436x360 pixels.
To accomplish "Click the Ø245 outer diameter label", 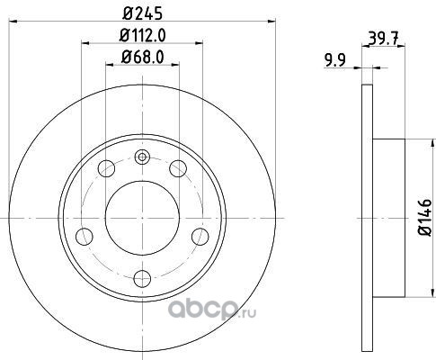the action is tap(142, 13).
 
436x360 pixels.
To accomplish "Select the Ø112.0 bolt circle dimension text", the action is tap(142, 35).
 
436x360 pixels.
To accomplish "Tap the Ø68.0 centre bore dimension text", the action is tap(142, 57).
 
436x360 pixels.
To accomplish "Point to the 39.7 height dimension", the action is tap(384, 39).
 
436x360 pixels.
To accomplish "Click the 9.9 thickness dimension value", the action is tap(335, 60).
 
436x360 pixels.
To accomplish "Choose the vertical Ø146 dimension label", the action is tap(425, 217).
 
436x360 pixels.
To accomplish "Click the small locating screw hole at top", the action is tap(142, 157).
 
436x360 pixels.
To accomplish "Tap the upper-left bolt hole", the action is tap(106, 168).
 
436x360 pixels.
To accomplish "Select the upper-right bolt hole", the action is tap(178, 168).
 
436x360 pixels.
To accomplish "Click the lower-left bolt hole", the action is tap(85, 237).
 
